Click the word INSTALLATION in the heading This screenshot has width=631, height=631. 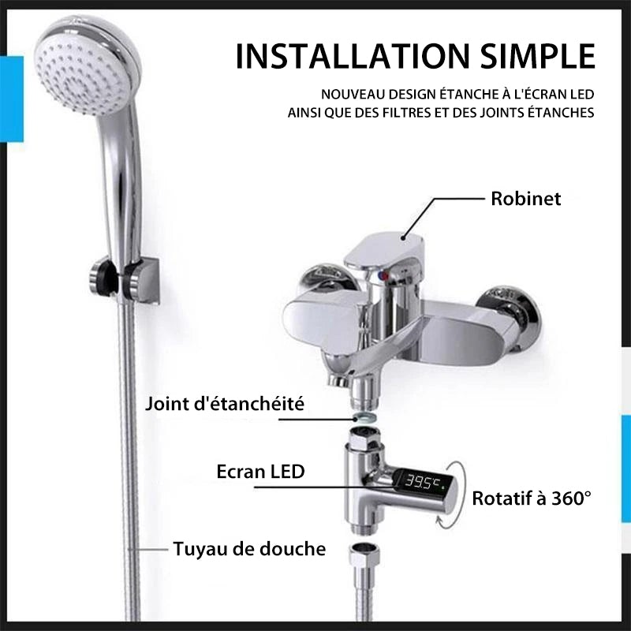[353, 55]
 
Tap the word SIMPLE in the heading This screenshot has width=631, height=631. [538, 55]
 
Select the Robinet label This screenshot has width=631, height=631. [525, 199]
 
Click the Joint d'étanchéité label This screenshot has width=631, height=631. [225, 404]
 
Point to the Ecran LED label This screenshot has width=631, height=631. [260, 471]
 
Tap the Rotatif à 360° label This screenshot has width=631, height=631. [532, 498]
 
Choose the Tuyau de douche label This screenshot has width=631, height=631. [249, 549]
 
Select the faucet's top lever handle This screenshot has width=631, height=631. [384, 252]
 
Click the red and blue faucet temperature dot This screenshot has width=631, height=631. [383, 275]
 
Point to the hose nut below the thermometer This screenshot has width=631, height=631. [364, 555]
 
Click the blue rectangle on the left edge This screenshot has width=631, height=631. [12, 99]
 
